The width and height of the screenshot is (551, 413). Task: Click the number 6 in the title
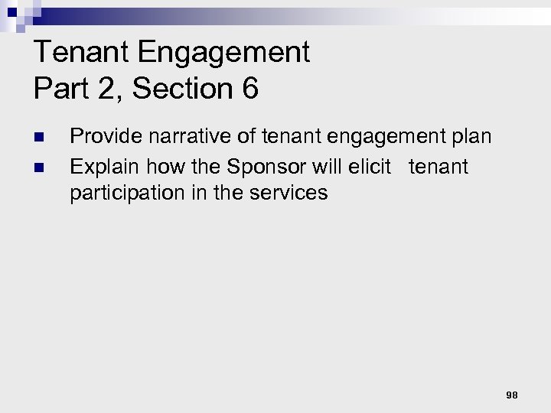pyautogui.click(x=250, y=89)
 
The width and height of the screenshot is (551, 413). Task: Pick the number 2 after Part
pyautogui.click(x=106, y=89)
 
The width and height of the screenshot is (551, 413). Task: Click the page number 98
pyautogui.click(x=512, y=395)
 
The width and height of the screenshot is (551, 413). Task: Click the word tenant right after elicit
pyautogui.click(x=439, y=166)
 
